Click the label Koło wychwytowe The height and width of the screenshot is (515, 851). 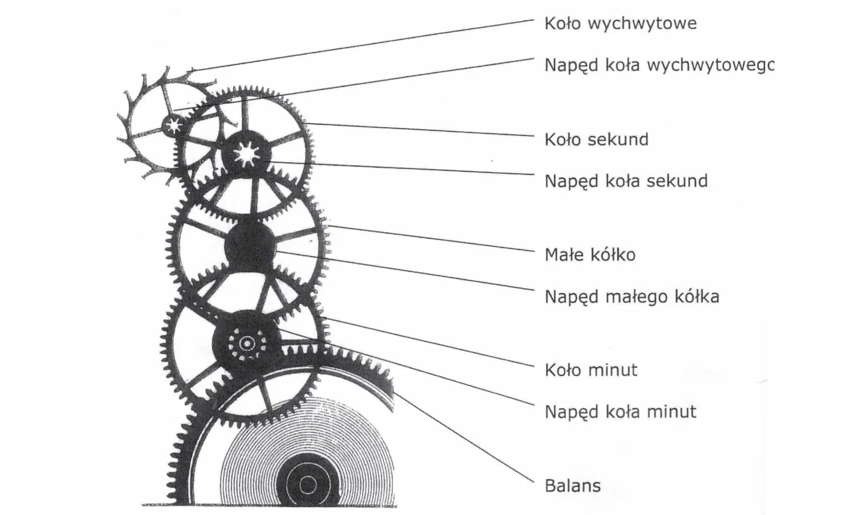pyautogui.click(x=620, y=24)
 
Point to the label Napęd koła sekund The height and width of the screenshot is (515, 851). pyautogui.click(x=626, y=181)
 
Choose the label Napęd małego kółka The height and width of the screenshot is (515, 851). pyautogui.click(x=632, y=296)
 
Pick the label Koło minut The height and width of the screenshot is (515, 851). pyautogui.click(x=591, y=370)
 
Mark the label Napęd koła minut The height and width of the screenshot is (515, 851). pyautogui.click(x=620, y=412)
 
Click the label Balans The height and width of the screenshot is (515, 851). pyautogui.click(x=572, y=486)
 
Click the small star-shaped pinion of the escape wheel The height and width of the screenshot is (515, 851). pyautogui.click(x=174, y=125)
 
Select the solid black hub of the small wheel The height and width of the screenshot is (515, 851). pyautogui.click(x=250, y=247)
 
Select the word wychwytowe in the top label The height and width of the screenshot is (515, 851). pyautogui.click(x=643, y=24)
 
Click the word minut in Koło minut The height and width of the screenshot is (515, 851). pyautogui.click(x=612, y=370)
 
